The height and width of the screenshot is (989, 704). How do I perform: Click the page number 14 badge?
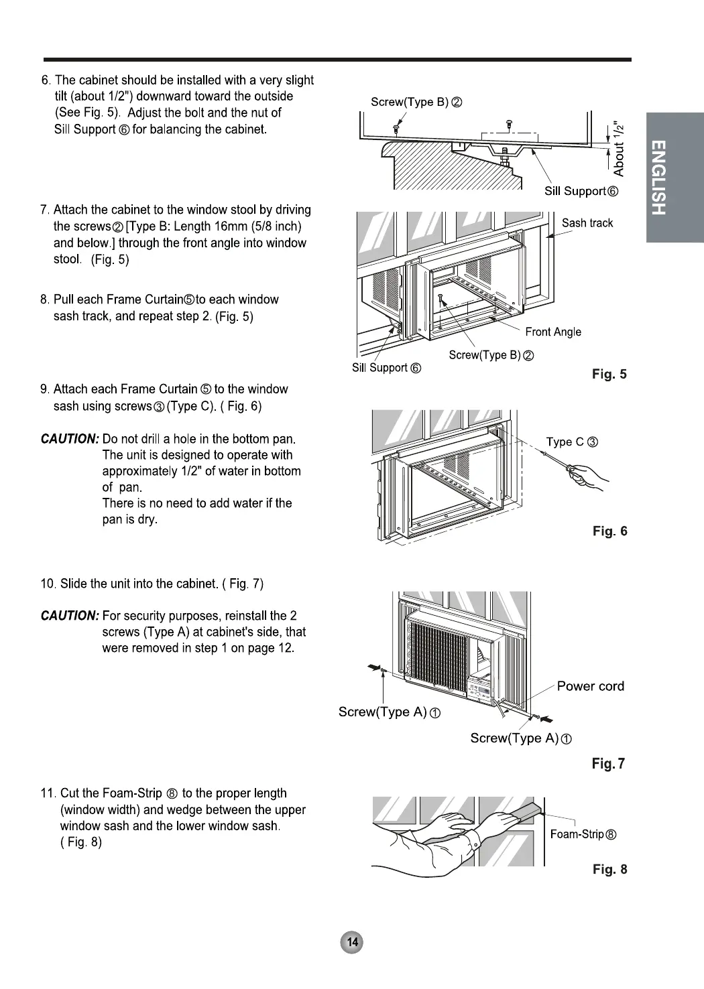(351, 943)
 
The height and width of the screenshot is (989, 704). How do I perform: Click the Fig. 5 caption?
(609, 375)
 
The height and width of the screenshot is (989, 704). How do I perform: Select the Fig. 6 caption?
(609, 531)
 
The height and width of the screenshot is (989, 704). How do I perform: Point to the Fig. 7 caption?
(608, 763)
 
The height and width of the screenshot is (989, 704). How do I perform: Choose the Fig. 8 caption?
(609, 869)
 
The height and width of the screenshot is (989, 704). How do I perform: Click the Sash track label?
(587, 223)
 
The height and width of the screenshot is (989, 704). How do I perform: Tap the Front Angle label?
(552, 332)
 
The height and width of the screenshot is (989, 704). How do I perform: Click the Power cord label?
(590, 686)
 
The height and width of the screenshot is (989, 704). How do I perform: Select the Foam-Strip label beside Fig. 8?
(582, 834)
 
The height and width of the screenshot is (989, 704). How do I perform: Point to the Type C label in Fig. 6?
(571, 442)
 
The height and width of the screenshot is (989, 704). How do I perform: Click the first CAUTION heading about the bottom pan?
(70, 440)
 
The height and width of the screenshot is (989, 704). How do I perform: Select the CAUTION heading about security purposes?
(70, 616)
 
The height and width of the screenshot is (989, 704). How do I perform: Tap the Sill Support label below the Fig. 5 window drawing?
(386, 368)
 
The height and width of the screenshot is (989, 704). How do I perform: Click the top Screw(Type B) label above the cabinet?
(416, 102)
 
